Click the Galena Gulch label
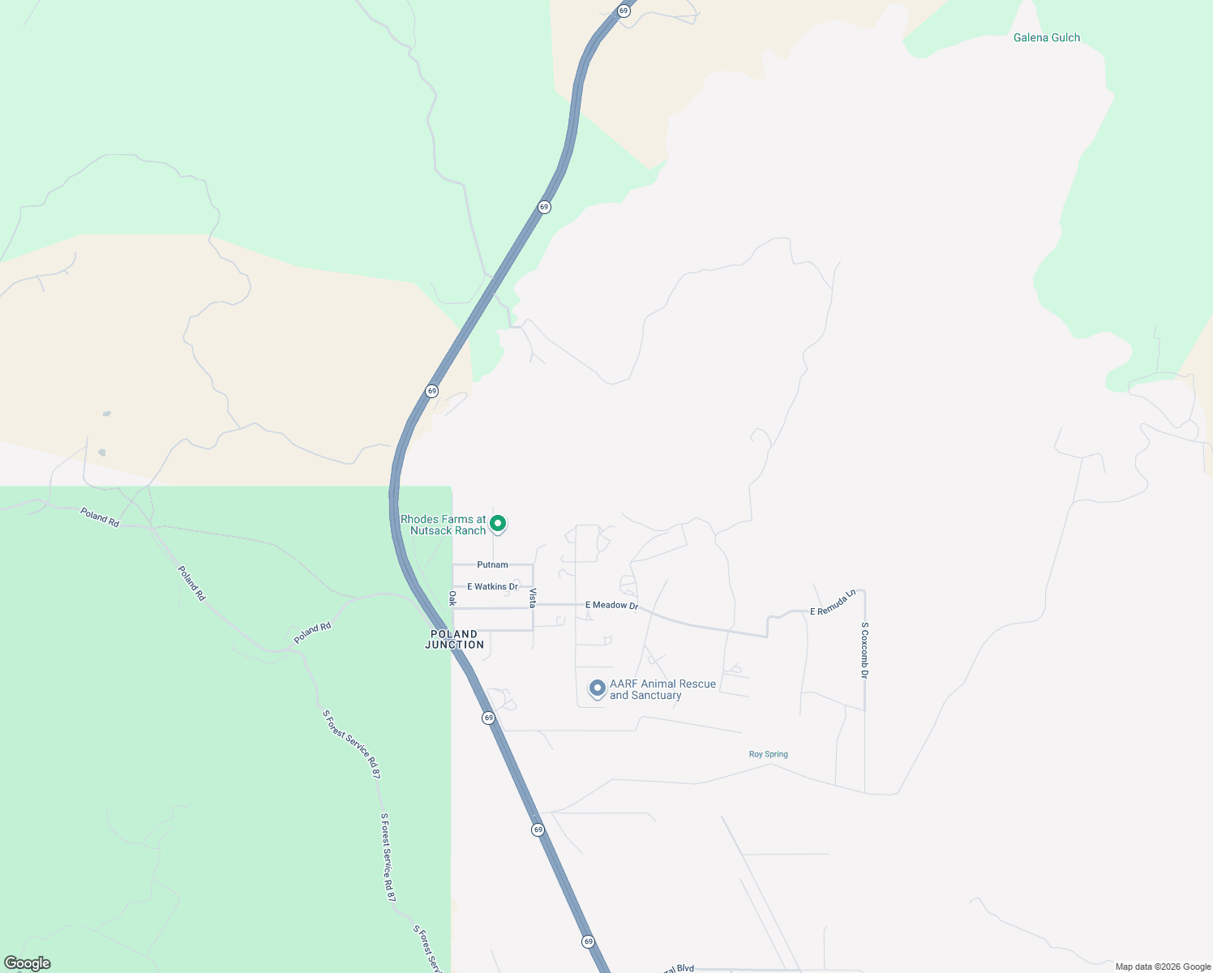(1046, 37)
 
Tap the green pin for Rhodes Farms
(499, 524)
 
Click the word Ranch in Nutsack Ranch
(470, 531)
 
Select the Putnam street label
(492, 564)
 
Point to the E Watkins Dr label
(492, 586)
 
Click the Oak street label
(452, 598)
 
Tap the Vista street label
(533, 598)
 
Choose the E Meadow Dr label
(611, 605)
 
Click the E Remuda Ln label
(833, 602)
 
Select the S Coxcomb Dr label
(865, 650)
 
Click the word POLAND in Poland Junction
(454, 634)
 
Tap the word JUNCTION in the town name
(454, 645)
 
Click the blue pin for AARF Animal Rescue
(598, 688)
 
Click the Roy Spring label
(768, 754)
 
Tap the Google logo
(28, 963)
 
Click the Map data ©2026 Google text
(1163, 967)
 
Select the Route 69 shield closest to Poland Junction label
(488, 718)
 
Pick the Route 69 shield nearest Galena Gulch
(624, 11)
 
